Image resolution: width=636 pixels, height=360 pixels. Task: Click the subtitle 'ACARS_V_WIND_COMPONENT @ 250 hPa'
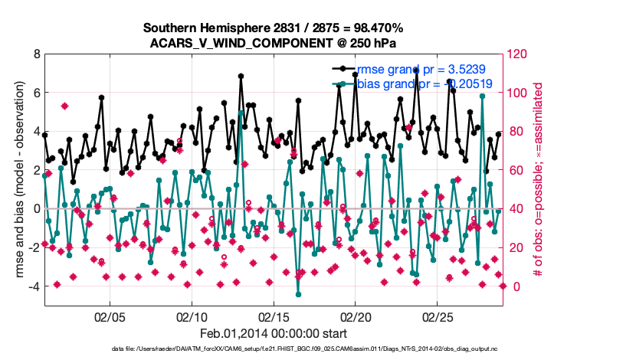click(274, 42)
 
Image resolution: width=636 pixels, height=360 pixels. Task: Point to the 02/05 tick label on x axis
click(110, 316)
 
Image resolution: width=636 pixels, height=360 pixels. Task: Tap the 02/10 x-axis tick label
click(192, 316)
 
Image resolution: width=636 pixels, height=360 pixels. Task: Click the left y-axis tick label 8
click(36, 54)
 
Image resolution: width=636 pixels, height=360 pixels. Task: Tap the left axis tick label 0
click(36, 208)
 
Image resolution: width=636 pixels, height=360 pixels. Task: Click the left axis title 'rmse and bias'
click(17, 180)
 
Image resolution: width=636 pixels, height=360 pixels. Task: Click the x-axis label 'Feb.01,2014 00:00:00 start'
click(274, 333)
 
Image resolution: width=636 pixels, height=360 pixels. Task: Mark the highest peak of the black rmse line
click(241, 76)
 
